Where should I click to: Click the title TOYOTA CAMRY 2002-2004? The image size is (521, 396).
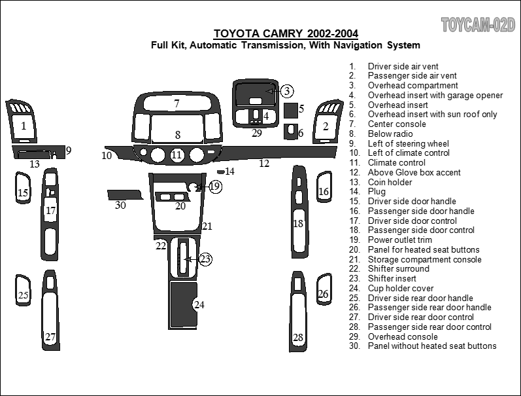click(x=286, y=34)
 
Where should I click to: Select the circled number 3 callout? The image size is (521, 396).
click(x=287, y=91)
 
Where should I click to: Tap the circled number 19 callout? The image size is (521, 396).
click(x=215, y=187)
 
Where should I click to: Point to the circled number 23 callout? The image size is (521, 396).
click(x=205, y=259)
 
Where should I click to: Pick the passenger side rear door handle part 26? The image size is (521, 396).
click(x=323, y=289)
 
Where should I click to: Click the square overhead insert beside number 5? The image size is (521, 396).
click(x=290, y=109)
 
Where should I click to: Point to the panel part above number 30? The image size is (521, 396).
click(x=124, y=194)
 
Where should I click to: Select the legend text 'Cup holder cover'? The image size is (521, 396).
click(x=400, y=288)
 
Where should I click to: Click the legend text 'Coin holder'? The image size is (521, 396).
click(x=390, y=182)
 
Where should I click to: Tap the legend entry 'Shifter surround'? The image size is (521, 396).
click(x=398, y=268)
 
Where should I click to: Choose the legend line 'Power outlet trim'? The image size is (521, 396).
click(x=399, y=240)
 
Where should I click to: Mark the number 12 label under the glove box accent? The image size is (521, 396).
click(x=263, y=164)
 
